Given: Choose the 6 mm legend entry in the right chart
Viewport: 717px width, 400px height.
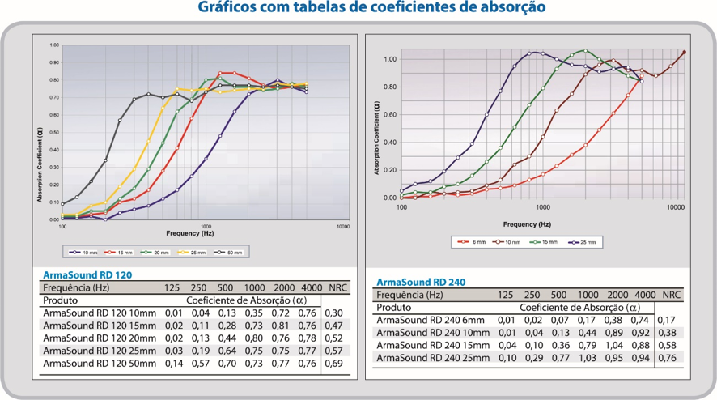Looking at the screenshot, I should click(x=477, y=241).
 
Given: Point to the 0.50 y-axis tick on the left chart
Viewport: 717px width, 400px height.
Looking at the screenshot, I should click(x=53, y=132).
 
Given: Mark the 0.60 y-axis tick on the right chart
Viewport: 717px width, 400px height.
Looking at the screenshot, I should click(x=390, y=115).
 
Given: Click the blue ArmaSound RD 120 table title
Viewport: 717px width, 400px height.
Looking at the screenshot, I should click(x=86, y=274).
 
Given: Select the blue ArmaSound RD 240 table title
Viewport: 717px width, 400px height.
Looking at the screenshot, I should click(x=421, y=282).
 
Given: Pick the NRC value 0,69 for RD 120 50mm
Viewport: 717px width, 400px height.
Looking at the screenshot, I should click(x=334, y=364).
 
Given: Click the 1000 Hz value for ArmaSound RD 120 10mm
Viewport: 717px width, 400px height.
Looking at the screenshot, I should click(x=254, y=312).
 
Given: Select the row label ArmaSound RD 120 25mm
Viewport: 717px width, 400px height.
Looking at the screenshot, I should click(x=99, y=351).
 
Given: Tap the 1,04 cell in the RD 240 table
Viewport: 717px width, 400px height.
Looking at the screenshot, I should click(x=617, y=345).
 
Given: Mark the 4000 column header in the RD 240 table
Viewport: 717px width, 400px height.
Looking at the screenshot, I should click(x=645, y=295).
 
